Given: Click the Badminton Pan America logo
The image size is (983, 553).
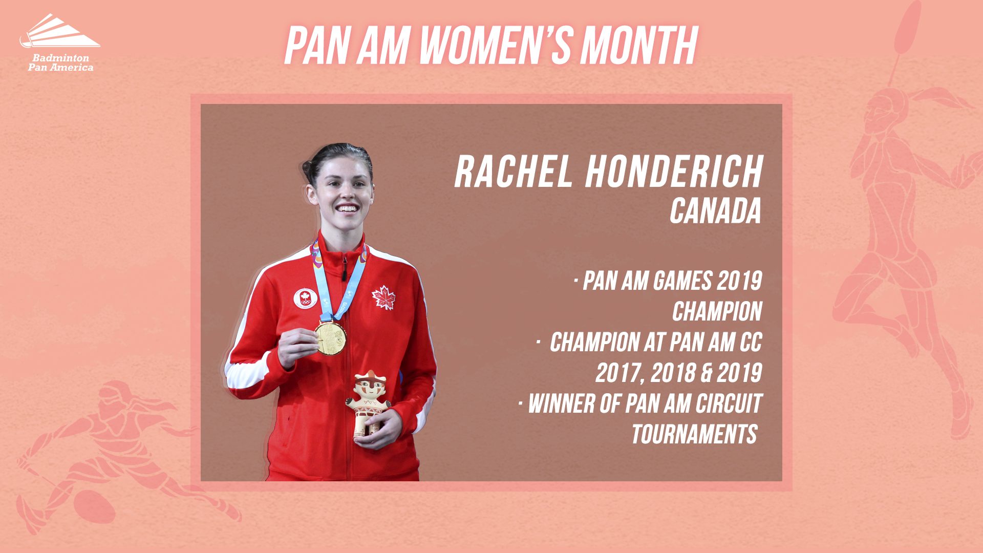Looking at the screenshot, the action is click(60, 42).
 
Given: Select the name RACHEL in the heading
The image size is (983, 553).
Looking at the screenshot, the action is click(513, 172).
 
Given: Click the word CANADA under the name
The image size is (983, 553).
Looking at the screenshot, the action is click(716, 211).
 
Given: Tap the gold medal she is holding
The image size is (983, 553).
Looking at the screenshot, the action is click(330, 338).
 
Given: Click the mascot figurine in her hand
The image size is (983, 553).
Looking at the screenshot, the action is click(368, 405).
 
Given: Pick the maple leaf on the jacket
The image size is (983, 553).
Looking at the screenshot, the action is click(384, 297).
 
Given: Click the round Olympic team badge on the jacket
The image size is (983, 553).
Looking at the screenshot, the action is click(305, 299).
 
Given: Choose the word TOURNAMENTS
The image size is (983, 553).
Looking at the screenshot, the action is click(694, 434).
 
